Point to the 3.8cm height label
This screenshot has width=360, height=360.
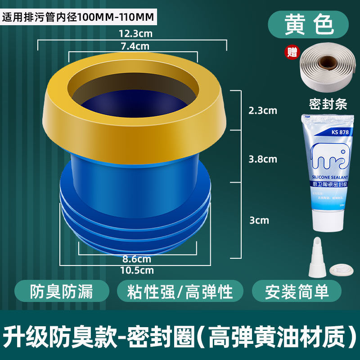click(x=263, y=159)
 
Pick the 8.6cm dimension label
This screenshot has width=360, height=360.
click(x=137, y=259)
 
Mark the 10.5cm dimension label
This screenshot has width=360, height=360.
click(x=137, y=270)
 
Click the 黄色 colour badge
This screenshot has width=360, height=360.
click(x=308, y=25)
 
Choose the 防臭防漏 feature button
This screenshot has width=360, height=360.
click(x=61, y=291)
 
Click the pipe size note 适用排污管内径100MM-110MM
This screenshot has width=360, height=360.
click(x=79, y=18)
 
